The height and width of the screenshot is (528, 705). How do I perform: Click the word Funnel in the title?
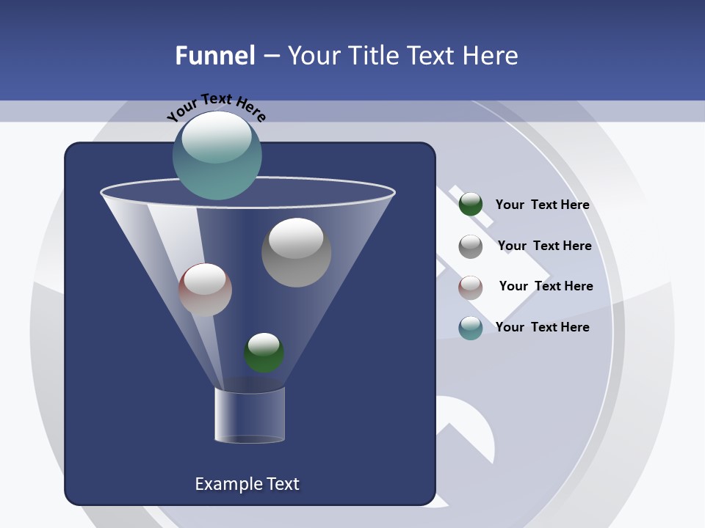(215, 56)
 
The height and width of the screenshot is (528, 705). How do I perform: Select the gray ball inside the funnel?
(296, 252)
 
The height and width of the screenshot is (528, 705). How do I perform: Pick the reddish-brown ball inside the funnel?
(205, 290)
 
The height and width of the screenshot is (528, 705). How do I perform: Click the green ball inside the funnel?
(264, 353)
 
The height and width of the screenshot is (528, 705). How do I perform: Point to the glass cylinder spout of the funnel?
(250, 415)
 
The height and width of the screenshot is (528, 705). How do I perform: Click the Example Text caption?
(247, 484)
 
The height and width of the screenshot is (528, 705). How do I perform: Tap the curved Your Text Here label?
(216, 107)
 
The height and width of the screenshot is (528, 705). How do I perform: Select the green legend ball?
(471, 205)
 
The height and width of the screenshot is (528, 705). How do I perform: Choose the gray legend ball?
(471, 246)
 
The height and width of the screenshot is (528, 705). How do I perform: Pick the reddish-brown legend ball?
(471, 287)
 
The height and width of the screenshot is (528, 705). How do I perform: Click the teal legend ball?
(471, 328)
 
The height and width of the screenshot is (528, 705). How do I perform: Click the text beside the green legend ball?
(542, 205)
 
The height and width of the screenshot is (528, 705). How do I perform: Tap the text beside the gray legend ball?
(544, 246)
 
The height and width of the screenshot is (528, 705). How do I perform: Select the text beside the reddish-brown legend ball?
(546, 286)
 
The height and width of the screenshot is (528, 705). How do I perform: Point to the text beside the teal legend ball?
(542, 327)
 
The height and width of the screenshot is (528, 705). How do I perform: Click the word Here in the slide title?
(491, 56)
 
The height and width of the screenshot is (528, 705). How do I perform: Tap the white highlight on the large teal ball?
(217, 139)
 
